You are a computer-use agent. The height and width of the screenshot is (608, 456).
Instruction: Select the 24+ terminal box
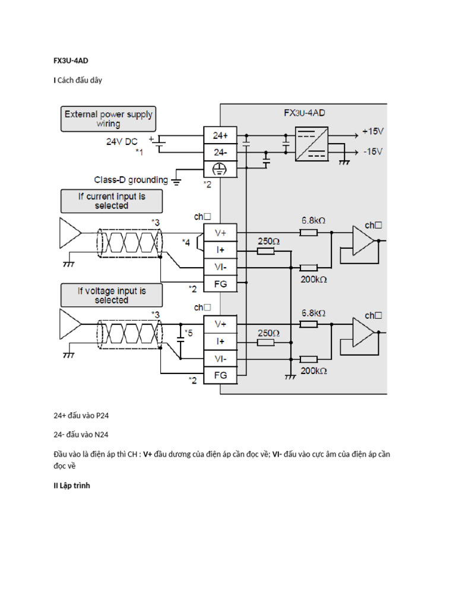click(x=220, y=135)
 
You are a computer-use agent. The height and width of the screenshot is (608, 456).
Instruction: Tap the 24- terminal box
click(x=220, y=153)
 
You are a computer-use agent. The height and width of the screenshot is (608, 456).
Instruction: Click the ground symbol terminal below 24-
click(x=220, y=169)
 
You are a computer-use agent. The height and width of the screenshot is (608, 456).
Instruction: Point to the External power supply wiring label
click(x=108, y=119)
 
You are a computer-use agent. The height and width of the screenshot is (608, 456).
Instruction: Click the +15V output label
click(x=373, y=131)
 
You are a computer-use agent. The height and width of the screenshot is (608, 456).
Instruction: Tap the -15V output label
click(x=373, y=151)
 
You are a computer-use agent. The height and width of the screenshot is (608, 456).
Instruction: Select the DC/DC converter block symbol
click(x=311, y=142)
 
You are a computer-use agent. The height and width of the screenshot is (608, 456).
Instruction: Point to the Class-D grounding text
click(x=131, y=179)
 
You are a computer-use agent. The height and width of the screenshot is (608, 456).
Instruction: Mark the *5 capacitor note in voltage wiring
click(x=188, y=333)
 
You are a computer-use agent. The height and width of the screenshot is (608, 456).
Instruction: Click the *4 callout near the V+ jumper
click(x=186, y=242)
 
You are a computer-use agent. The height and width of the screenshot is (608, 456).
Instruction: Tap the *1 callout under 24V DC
click(x=139, y=153)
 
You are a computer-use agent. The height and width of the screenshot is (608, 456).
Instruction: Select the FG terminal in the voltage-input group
click(x=220, y=376)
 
